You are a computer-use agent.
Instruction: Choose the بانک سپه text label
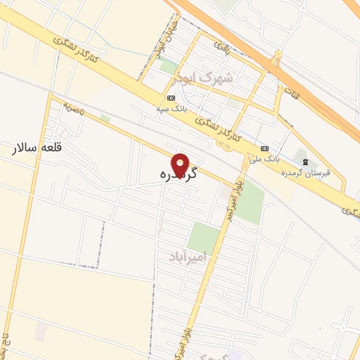click(x=172, y=108)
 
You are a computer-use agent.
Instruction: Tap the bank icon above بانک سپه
click(x=172, y=98)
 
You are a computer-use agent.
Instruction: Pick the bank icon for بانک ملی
click(x=265, y=148)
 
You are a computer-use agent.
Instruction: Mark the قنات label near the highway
click(x=290, y=91)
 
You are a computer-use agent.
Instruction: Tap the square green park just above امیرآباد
click(x=204, y=238)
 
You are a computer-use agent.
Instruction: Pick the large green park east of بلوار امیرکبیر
click(x=249, y=202)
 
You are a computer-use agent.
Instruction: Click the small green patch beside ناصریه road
click(x=105, y=118)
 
